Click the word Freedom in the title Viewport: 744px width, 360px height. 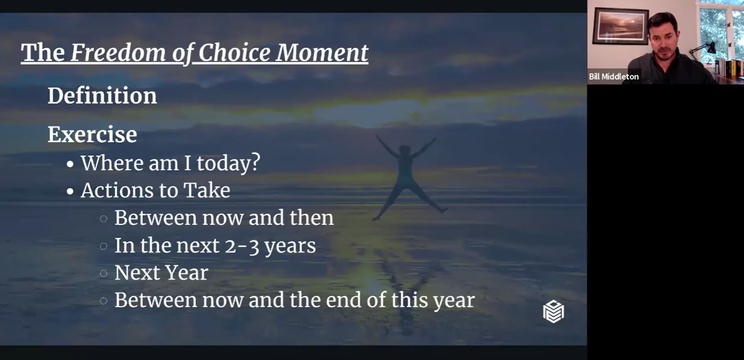pos(118,52)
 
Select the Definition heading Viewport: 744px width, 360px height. pos(102,96)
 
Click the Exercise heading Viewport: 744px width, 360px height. pos(92,135)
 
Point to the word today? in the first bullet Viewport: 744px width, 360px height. pos(228,164)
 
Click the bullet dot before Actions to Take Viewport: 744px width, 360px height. pos(70,191)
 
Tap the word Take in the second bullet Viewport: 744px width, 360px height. pos(207,190)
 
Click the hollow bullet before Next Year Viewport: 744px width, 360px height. pos(104,273)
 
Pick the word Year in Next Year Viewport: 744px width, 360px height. pos(187,273)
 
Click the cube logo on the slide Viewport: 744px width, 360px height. pos(553,312)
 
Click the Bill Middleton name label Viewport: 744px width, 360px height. pos(614,77)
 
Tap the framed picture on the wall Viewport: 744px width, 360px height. pos(620,26)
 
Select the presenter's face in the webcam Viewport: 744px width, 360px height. pos(663,41)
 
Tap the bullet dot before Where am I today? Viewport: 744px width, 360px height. pos(70,164)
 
